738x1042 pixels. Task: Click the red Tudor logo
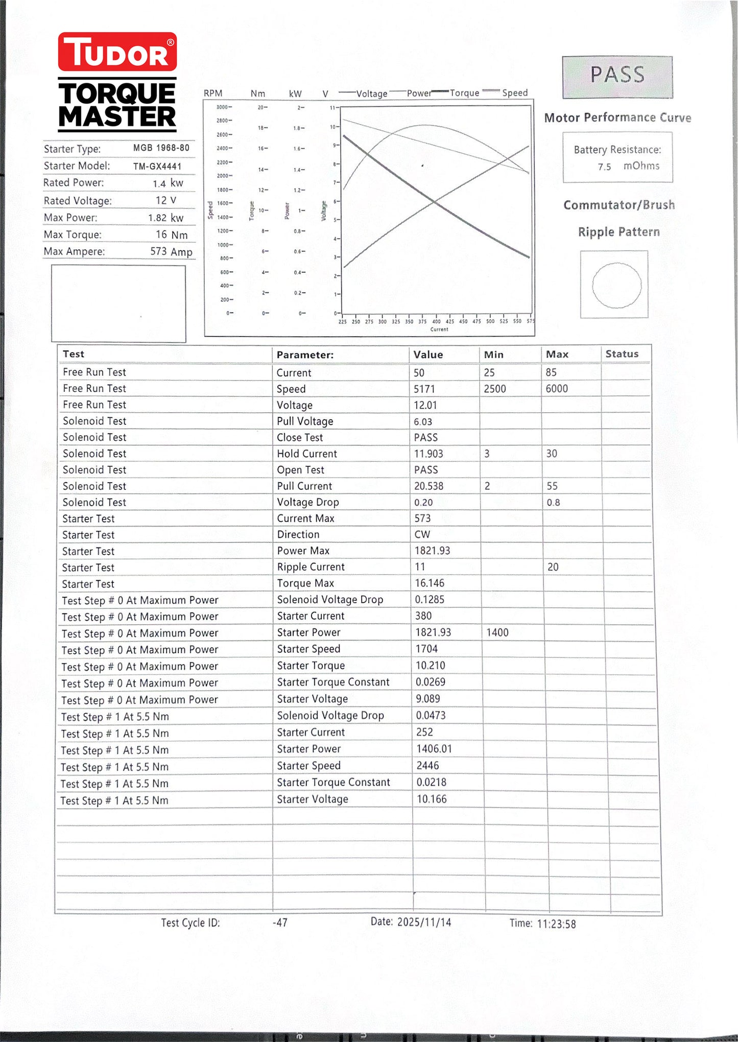tap(117, 52)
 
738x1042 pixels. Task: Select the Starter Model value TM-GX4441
tap(157, 166)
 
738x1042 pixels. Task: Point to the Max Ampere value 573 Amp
tap(171, 251)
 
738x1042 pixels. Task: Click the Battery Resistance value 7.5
tap(604, 167)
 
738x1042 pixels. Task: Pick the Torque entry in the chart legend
tap(464, 93)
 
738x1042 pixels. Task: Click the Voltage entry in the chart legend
tap(371, 93)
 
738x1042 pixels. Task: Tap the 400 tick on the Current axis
tap(436, 321)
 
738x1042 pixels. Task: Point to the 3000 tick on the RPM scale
tap(222, 107)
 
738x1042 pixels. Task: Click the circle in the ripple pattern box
tap(616, 285)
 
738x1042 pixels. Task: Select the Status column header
tap(622, 354)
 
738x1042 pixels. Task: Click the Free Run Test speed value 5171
tap(424, 389)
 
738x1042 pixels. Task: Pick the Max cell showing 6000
tap(557, 389)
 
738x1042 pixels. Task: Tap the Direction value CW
tap(422, 535)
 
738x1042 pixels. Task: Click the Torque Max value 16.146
tap(430, 583)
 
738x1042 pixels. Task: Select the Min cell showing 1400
tap(497, 632)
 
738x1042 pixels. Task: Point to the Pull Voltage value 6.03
tap(423, 422)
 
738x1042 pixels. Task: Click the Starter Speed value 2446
tap(427, 766)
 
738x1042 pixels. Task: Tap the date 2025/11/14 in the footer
tap(424, 922)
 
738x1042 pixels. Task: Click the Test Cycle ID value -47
tap(280, 923)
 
